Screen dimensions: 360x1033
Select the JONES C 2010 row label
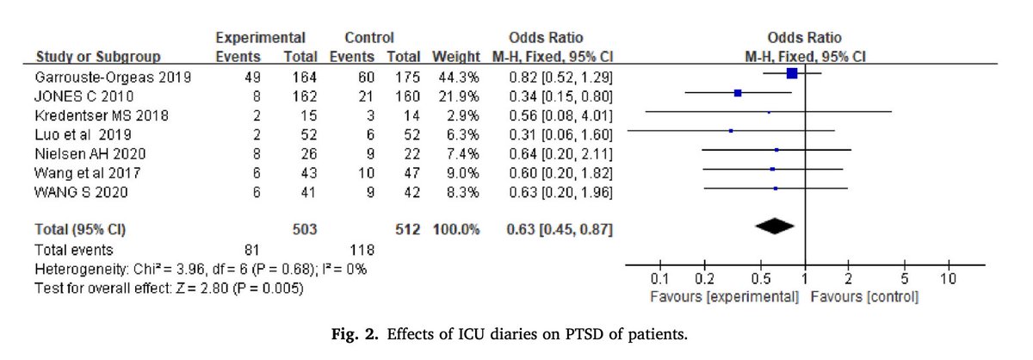click(x=73, y=95)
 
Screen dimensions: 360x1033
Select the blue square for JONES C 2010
click(x=738, y=93)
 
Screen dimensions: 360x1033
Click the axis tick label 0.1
click(x=659, y=280)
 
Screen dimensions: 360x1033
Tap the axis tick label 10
click(x=947, y=280)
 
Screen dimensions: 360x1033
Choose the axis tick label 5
click(x=904, y=280)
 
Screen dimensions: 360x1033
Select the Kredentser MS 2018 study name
click(x=84, y=114)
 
